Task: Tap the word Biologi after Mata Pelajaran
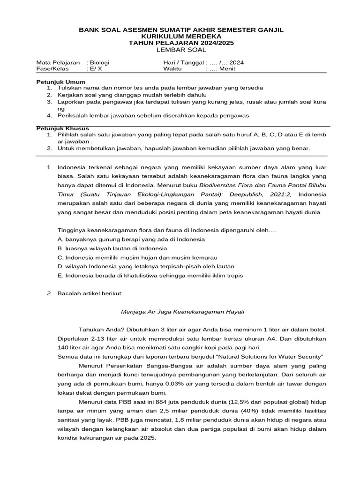coord(99,62)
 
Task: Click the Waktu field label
coord(172,68)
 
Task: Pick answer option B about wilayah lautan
coord(112,248)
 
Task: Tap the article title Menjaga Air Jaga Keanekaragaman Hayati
coord(180,311)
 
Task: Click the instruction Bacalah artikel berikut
coord(90,293)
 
